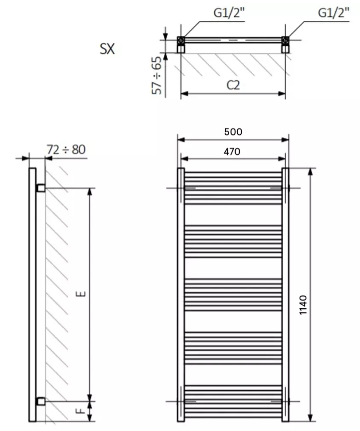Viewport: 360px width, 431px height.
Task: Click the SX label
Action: [x=107, y=49]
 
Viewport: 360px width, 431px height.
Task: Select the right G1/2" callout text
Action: [x=333, y=13]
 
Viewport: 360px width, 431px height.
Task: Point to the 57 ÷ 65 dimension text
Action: [x=157, y=75]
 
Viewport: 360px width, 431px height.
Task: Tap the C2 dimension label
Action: [x=234, y=85]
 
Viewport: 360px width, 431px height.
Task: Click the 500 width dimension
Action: [x=233, y=131]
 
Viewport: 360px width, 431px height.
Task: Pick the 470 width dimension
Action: [x=232, y=151]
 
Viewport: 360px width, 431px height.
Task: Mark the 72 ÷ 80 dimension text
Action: [x=66, y=149]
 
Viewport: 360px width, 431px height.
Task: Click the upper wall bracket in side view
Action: [x=41, y=187]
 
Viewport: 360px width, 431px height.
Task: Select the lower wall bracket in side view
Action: [x=41, y=401]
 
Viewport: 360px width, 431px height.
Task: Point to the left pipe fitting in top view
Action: [x=180, y=40]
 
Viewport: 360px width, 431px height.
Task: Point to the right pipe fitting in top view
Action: [x=286, y=40]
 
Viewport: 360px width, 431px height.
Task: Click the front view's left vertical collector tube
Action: [x=181, y=295]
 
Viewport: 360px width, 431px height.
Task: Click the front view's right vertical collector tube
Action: [x=285, y=295]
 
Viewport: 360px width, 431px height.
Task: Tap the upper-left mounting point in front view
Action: [x=189, y=187]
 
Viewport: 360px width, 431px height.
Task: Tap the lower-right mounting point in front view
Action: [x=276, y=401]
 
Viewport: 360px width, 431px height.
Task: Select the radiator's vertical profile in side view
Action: [x=32, y=295]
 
